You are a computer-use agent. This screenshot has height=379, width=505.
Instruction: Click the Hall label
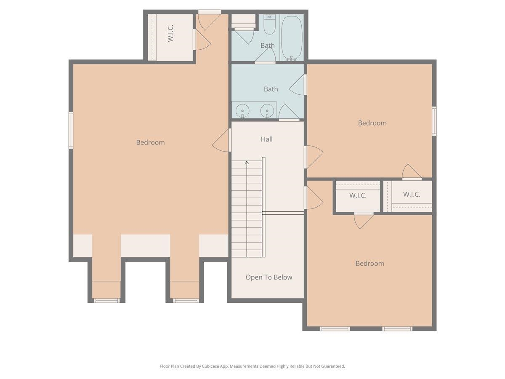coord(266,139)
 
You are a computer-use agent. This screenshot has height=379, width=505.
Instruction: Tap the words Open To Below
coord(269,277)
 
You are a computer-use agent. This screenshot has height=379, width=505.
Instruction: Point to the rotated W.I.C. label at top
coord(170,33)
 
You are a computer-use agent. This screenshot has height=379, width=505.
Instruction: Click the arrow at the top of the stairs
coord(247,162)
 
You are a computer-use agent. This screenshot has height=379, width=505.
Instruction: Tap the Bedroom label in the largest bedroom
coord(150,142)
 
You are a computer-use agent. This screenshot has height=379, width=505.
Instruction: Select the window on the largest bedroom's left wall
coord(71,130)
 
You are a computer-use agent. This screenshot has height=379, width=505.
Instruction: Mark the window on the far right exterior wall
coord(434,121)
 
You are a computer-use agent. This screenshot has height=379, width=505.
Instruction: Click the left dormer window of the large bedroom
coord(106,300)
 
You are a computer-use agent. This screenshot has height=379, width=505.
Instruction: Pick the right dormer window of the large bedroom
coord(186,300)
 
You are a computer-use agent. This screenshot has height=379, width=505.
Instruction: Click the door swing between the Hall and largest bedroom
coord(222,141)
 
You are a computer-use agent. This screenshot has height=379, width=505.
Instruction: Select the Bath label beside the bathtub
coord(267,45)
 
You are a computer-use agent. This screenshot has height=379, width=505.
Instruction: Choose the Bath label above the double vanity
coord(271,89)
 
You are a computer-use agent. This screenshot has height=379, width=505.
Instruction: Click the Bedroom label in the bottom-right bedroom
coord(369,263)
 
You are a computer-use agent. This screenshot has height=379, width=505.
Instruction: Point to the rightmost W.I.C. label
coord(412,194)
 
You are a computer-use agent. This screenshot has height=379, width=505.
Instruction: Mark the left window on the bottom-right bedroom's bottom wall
coord(335,328)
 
